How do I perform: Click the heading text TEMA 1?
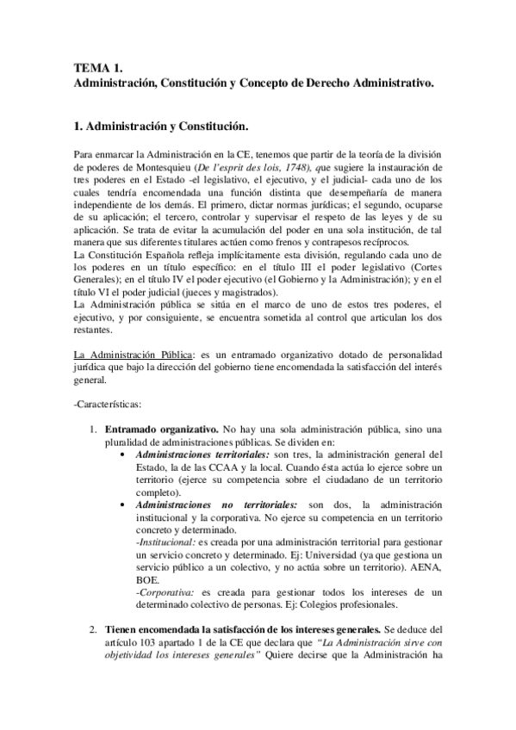(99, 68)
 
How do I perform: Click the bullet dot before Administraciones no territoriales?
(129, 504)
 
